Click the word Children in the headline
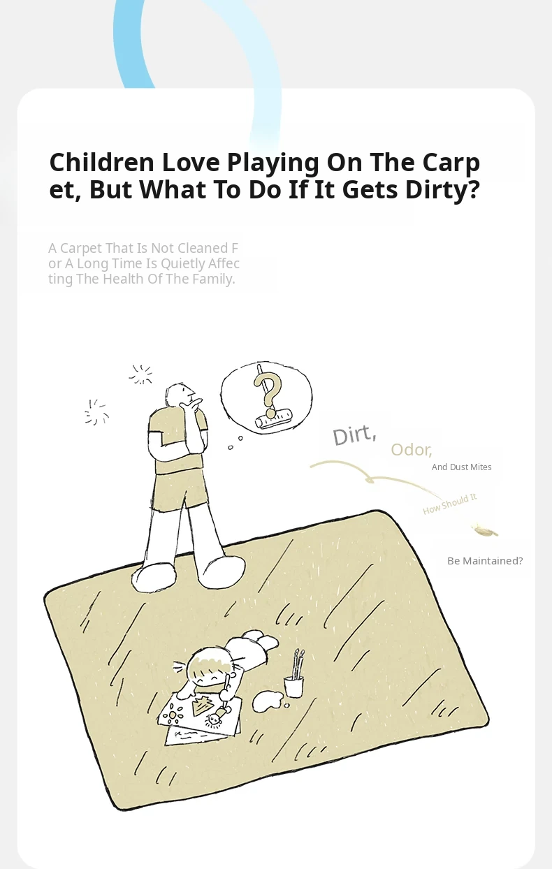(x=101, y=162)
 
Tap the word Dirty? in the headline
(x=442, y=190)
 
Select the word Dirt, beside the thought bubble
(x=354, y=435)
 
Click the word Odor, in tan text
(x=411, y=450)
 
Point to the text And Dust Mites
(x=462, y=467)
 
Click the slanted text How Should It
(x=449, y=504)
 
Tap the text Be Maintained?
(x=485, y=561)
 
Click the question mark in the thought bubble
(x=268, y=390)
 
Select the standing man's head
(x=180, y=395)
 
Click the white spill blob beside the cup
(x=268, y=701)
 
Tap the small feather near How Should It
(x=484, y=530)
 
